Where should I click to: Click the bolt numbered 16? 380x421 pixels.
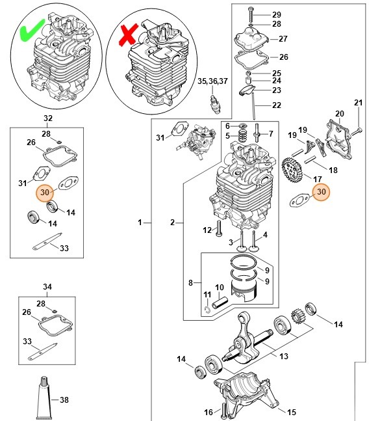(x=224, y=410)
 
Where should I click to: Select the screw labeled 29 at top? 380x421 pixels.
(x=251, y=14)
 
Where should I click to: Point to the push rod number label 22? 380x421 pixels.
(x=276, y=105)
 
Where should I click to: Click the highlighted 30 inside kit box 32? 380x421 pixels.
(x=45, y=193)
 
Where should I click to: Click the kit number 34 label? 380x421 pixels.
(x=47, y=286)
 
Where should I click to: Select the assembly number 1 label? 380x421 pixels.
(x=139, y=223)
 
